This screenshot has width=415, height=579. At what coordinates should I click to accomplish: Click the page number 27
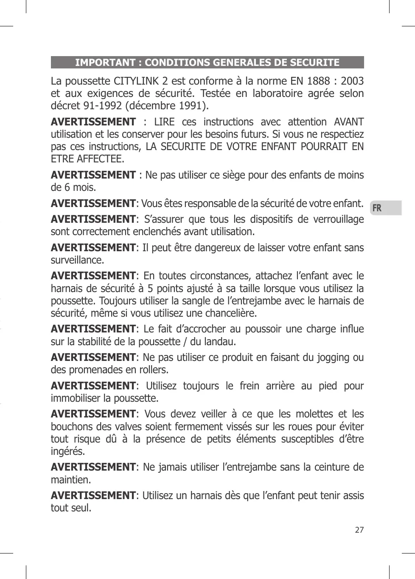coord(359,530)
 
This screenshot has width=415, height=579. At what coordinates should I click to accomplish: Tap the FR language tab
coord(377,208)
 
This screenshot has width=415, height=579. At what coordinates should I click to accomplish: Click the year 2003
coord(352,81)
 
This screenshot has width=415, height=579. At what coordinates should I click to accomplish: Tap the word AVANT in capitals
coord(348,122)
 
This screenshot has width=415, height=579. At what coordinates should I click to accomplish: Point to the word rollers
coord(154,370)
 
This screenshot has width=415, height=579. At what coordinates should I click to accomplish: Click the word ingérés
coord(68,451)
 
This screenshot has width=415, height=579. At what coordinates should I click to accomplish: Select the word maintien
coord(70,480)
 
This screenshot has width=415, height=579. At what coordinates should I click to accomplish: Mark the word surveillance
coord(77,260)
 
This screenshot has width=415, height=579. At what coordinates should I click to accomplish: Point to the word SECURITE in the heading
coord(314,62)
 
